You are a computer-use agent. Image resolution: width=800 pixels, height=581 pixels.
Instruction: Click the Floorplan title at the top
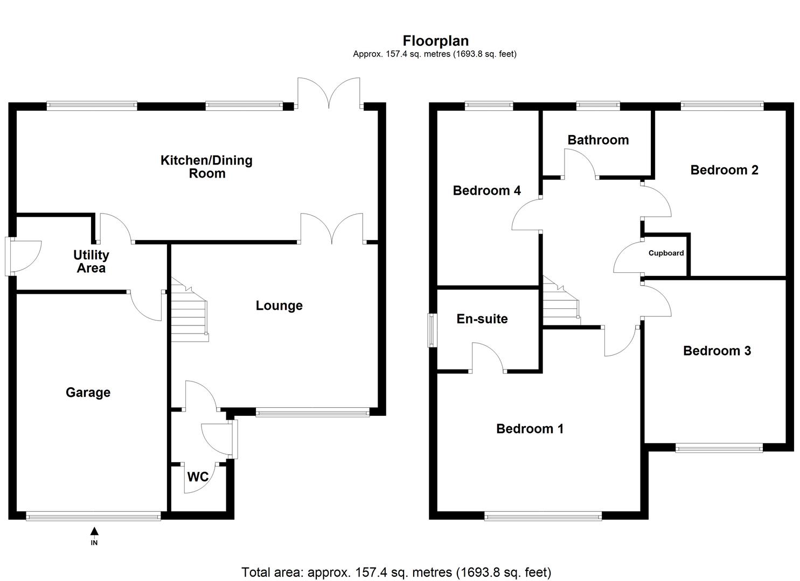(435, 41)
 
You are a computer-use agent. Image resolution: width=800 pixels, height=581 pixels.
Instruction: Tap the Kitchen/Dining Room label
(206, 167)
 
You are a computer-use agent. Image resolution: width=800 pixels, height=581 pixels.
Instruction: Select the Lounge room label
(279, 306)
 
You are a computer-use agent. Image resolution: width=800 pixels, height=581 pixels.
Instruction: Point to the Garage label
(88, 393)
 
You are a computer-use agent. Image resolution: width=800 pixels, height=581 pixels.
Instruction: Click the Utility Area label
(91, 261)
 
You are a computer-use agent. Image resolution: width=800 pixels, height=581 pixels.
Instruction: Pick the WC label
(197, 477)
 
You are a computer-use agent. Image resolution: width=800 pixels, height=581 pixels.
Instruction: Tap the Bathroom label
(598, 140)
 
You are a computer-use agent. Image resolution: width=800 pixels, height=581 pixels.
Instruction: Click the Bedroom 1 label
(530, 429)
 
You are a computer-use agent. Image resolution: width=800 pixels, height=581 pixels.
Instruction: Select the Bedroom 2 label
(724, 170)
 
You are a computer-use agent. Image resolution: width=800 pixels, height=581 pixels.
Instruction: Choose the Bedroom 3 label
(716, 351)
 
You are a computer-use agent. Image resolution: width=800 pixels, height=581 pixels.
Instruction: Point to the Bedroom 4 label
(486, 190)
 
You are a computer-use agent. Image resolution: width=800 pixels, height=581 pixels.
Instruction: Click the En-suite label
(482, 319)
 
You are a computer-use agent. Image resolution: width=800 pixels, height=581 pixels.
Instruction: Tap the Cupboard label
(666, 253)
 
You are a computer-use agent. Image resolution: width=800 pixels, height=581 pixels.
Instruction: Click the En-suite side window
(432, 330)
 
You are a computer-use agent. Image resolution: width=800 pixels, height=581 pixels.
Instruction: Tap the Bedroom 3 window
(719, 447)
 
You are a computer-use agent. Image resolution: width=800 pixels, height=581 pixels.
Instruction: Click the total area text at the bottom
(396, 572)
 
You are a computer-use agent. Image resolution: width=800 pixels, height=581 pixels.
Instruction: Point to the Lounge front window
(312, 413)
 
